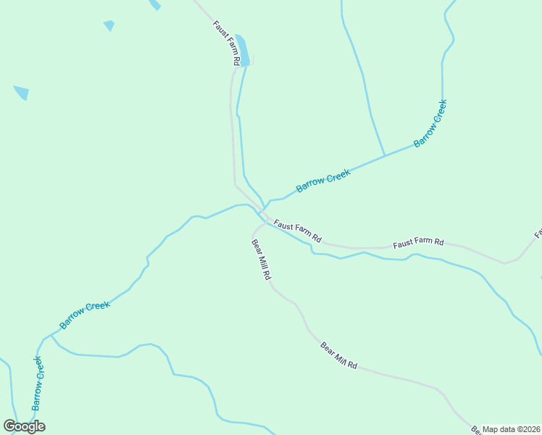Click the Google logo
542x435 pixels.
(x=24, y=426)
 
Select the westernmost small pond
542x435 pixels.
(x=22, y=92)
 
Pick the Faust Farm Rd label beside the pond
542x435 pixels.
(x=226, y=43)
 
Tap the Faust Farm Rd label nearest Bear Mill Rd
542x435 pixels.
(x=297, y=231)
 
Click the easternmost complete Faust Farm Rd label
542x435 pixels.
(x=418, y=244)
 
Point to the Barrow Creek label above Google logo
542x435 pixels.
(x=38, y=381)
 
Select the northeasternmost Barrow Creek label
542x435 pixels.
(x=430, y=123)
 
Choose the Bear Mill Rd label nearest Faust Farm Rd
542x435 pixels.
(x=261, y=259)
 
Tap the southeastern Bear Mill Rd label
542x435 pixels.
(x=338, y=355)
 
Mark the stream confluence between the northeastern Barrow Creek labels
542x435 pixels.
(x=384, y=155)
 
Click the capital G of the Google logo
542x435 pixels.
(x=10, y=426)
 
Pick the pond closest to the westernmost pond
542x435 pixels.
(x=109, y=25)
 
